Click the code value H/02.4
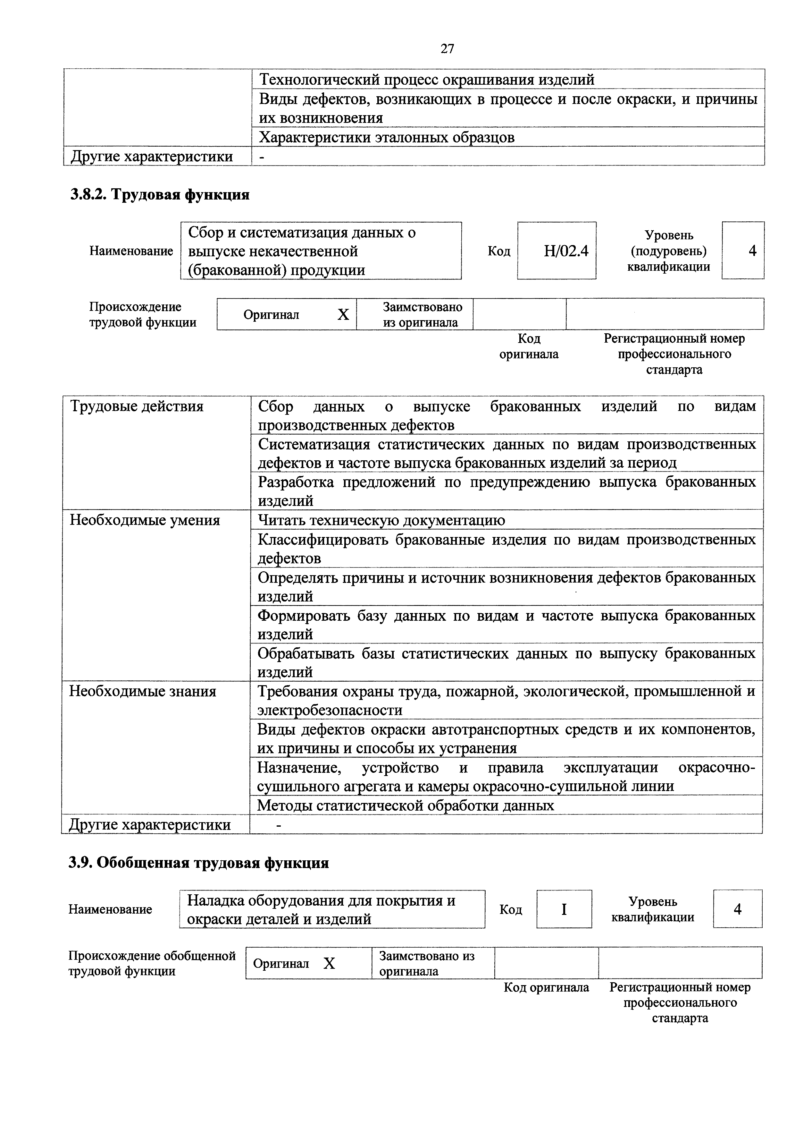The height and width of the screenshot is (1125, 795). coord(565,251)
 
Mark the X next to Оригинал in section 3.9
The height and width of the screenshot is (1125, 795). coord(329,964)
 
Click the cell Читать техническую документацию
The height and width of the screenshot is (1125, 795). coord(381,520)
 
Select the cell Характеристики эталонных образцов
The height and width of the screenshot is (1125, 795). coord(386,137)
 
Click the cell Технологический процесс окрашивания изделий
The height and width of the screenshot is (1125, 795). coord(426,79)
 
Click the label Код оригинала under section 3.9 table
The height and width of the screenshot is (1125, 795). coord(546,987)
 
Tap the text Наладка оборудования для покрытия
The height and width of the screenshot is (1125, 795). coord(321,900)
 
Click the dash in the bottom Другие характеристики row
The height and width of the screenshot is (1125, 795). coord(279,825)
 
